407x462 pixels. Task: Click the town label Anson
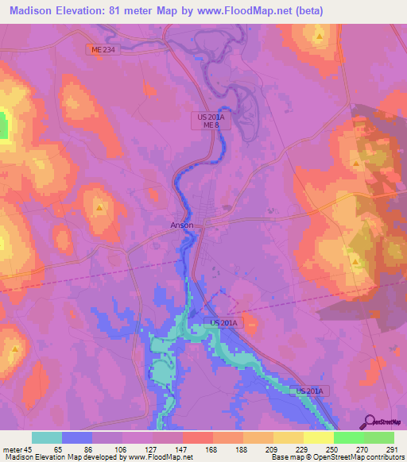182,225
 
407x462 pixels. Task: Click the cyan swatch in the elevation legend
47,437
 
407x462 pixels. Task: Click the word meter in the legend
12,450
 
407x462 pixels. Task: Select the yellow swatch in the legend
319,437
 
